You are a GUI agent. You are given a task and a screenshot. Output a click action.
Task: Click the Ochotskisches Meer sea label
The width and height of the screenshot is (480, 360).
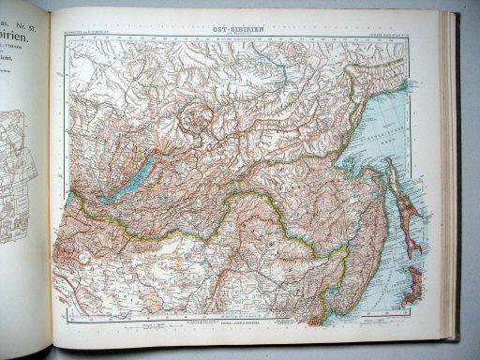[375, 122]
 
